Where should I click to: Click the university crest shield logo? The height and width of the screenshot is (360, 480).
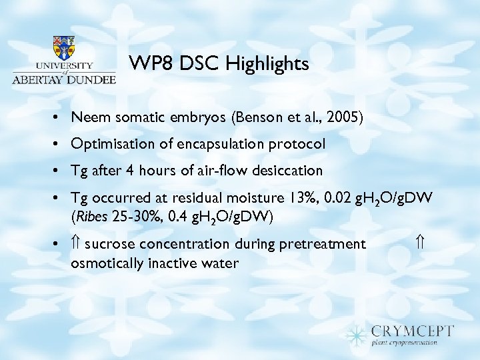click(x=64, y=48)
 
